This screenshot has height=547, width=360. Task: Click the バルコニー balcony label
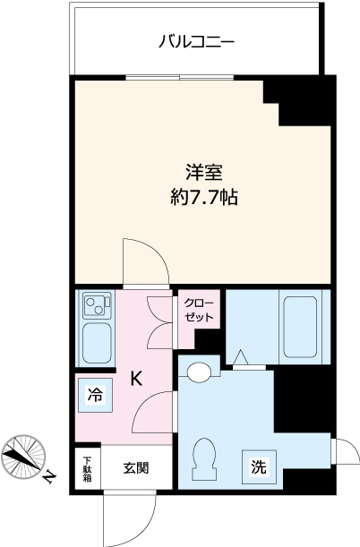click(x=196, y=41)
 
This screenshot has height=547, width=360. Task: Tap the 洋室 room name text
click(x=204, y=171)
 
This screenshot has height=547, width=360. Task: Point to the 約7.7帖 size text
click(x=204, y=196)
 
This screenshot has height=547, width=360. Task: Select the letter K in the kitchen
click(x=136, y=379)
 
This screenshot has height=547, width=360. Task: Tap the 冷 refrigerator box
click(x=94, y=393)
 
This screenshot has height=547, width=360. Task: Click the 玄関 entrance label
click(x=136, y=467)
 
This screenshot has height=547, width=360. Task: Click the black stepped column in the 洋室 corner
click(x=300, y=100)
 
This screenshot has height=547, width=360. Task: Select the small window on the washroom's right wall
click(x=337, y=449)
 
